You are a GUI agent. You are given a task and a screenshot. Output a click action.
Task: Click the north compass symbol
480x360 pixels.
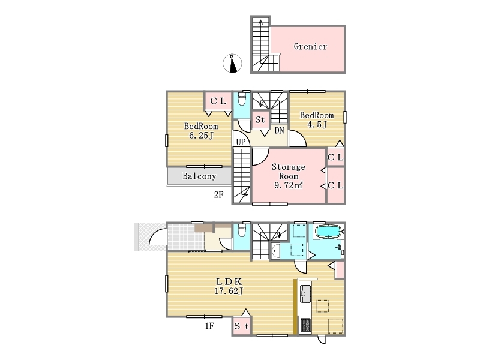click(x=232, y=64)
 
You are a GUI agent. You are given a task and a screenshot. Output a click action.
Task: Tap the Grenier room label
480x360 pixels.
click(x=310, y=47)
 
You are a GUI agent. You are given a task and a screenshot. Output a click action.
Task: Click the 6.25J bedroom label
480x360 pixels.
click(x=201, y=131)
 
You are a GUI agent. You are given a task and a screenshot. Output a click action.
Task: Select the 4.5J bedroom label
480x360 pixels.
click(x=317, y=119)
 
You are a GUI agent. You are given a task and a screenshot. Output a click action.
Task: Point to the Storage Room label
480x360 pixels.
click(x=289, y=176)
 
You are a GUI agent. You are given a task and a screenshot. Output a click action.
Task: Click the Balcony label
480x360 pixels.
click(x=199, y=176)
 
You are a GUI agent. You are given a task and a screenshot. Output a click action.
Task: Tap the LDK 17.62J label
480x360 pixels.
click(x=229, y=286)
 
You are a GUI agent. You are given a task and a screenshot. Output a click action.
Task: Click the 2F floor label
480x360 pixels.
click(x=218, y=194)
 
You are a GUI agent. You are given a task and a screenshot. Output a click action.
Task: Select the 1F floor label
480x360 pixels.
click(x=209, y=326)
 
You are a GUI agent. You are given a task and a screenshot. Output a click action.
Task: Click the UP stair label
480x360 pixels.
click(x=241, y=142)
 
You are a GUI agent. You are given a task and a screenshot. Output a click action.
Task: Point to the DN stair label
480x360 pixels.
click(x=279, y=131)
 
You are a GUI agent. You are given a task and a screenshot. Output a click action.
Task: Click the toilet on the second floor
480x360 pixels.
click(x=242, y=99)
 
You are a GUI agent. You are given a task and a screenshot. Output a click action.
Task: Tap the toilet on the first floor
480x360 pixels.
click(x=242, y=230)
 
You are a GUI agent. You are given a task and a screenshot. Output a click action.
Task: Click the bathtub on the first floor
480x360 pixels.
click(x=328, y=232)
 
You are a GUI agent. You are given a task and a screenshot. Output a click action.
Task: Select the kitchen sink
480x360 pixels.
click(x=305, y=293)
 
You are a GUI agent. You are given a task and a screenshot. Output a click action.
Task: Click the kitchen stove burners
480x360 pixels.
click(x=305, y=325)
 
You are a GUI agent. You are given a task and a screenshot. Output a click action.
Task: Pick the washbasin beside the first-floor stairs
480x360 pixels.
click(x=276, y=251)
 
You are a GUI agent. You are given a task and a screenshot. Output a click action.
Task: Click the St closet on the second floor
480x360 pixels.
click(x=260, y=120)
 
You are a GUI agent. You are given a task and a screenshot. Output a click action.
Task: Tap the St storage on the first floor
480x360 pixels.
click(x=242, y=326)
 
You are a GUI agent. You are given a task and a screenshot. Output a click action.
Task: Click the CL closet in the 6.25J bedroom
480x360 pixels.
click(x=218, y=101)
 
